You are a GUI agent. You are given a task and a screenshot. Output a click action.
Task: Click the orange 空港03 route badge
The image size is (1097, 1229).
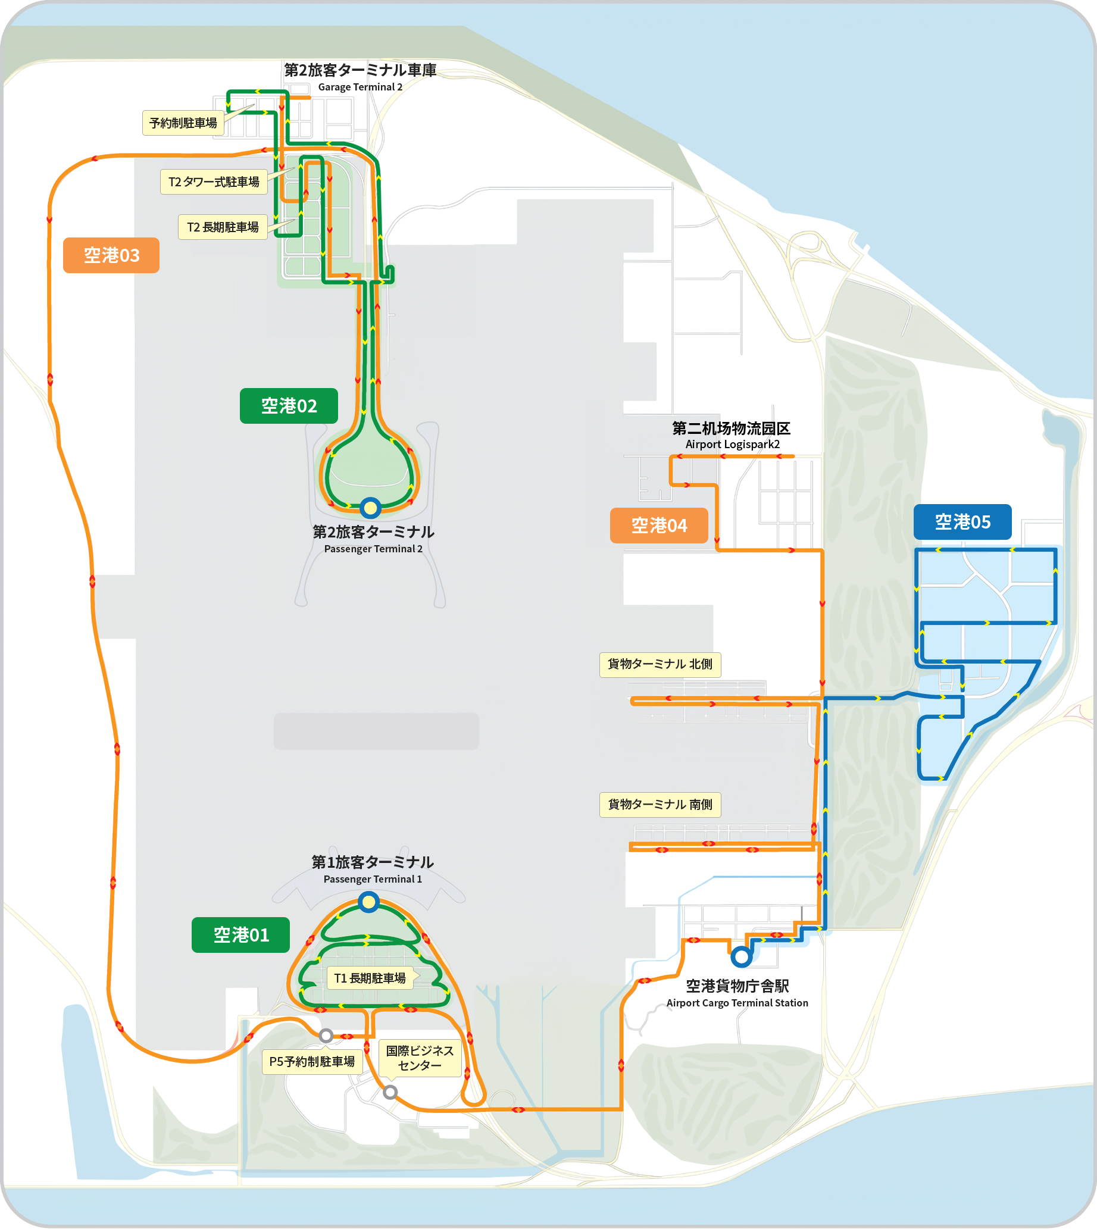pyautogui.click(x=111, y=255)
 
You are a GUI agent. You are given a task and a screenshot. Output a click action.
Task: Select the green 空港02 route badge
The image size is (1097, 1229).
pyautogui.click(x=289, y=406)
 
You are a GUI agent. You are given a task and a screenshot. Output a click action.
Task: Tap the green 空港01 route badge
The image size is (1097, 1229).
pyautogui.click(x=240, y=934)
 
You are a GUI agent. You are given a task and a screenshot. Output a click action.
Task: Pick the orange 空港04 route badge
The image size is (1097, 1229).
pyautogui.click(x=659, y=525)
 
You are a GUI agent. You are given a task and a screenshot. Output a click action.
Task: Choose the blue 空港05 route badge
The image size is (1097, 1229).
pyautogui.click(x=962, y=521)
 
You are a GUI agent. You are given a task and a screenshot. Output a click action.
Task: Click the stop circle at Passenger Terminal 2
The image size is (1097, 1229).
pyautogui.click(x=370, y=508)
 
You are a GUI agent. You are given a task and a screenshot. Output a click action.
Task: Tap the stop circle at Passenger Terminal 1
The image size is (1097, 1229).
pyautogui.click(x=368, y=902)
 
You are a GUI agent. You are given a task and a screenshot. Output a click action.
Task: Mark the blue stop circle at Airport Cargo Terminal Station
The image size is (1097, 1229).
pyautogui.click(x=742, y=956)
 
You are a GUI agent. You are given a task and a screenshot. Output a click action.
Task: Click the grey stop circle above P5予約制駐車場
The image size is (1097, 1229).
pyautogui.click(x=326, y=1036)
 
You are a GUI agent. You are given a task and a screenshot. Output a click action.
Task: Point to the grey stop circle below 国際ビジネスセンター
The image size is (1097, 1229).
pyautogui.click(x=390, y=1092)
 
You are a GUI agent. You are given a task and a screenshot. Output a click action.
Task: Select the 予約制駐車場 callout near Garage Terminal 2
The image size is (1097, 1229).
pyautogui.click(x=183, y=123)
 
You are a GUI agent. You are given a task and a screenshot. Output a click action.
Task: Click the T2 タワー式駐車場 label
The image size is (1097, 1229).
pyautogui.click(x=213, y=182)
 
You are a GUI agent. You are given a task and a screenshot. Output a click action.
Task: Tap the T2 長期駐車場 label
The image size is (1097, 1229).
pyautogui.click(x=223, y=227)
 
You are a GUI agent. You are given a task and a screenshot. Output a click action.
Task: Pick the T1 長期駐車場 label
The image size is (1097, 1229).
pyautogui.click(x=370, y=978)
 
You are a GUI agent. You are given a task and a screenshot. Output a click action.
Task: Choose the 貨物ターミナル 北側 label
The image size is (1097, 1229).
pyautogui.click(x=660, y=664)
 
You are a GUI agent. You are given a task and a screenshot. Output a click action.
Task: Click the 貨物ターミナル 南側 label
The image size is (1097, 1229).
pyautogui.click(x=660, y=804)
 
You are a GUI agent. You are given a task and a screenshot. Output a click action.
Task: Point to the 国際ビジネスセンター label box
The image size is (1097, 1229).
pyautogui.click(x=420, y=1057)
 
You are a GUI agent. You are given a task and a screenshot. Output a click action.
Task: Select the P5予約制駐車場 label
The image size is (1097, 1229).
pyautogui.click(x=312, y=1061)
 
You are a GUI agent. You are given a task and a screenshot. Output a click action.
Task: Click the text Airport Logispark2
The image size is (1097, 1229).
pyautogui.click(x=732, y=444)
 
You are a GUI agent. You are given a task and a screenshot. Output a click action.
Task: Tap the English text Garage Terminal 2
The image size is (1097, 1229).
pyautogui.click(x=360, y=87)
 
